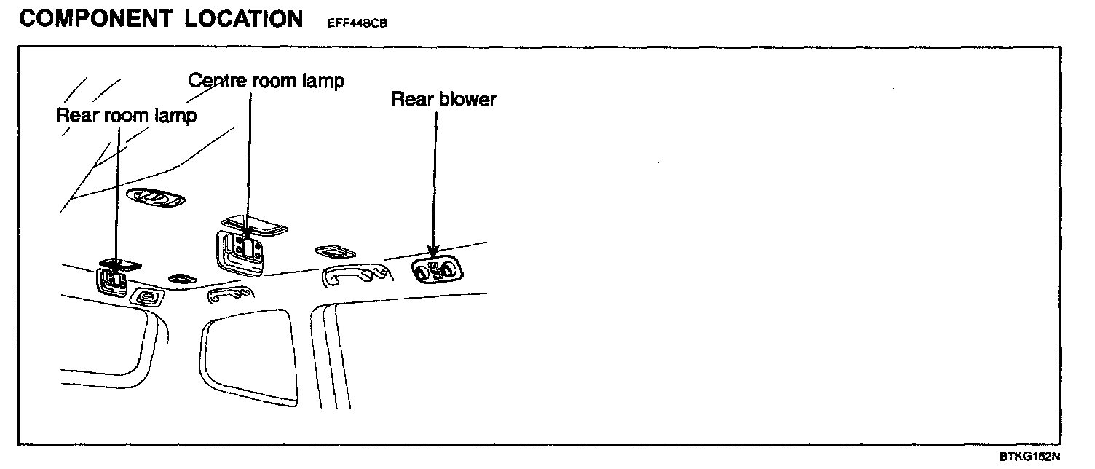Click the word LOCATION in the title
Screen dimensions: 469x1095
(243, 19)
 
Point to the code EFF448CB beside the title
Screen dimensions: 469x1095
(352, 23)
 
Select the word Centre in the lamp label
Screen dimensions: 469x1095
(218, 80)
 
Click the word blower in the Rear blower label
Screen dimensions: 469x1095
(467, 99)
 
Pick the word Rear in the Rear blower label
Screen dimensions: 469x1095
(412, 99)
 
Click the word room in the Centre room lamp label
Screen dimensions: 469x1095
(274, 80)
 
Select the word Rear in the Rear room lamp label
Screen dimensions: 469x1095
(76, 116)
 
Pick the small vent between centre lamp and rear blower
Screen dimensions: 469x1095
(334, 252)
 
